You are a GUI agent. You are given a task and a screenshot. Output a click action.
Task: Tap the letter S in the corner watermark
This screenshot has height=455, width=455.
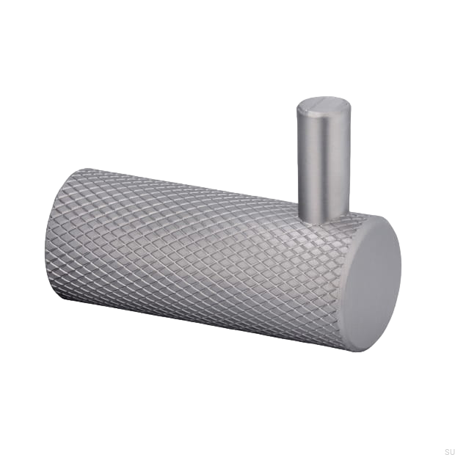pos(447,451)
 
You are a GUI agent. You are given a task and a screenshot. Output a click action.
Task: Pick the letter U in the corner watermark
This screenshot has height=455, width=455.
pos(452,451)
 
